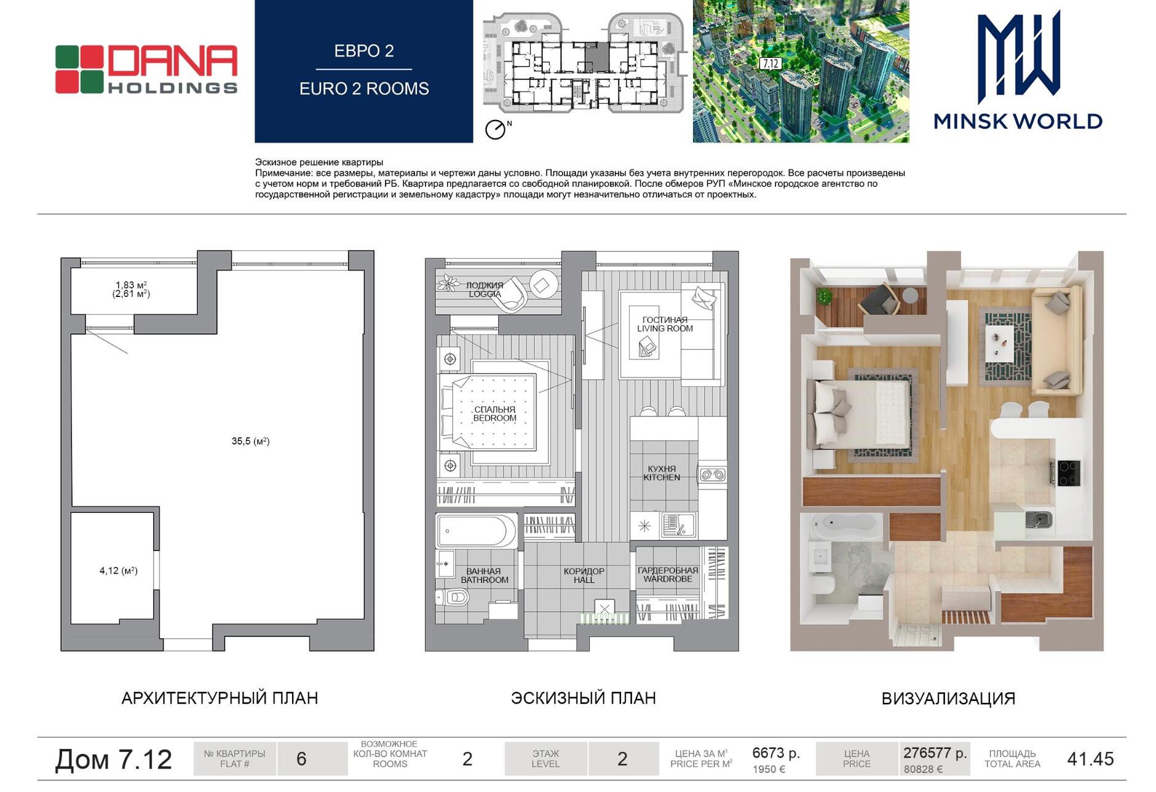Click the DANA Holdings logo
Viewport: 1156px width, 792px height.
click(146, 69)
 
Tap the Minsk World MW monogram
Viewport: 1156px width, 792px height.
click(1018, 57)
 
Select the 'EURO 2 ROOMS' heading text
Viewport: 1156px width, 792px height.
click(364, 89)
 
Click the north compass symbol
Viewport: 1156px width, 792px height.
click(495, 130)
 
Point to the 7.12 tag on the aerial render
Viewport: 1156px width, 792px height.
click(770, 63)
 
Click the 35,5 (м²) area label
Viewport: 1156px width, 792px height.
click(250, 441)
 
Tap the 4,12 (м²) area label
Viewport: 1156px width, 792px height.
click(119, 571)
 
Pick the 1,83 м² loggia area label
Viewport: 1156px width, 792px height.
click(131, 285)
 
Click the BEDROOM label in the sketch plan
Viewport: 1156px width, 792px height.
click(495, 418)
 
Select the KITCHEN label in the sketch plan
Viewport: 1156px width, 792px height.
click(662, 477)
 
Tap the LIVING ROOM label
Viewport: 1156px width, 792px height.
click(665, 328)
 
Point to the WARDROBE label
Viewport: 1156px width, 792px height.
click(668, 579)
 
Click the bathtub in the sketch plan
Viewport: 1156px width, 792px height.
click(476, 531)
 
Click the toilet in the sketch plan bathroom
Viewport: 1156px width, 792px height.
click(453, 596)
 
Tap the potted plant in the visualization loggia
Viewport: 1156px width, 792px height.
click(823, 297)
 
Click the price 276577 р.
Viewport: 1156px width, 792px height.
click(935, 753)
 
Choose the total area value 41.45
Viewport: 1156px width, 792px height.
click(1090, 759)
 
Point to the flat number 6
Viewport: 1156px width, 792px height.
click(301, 759)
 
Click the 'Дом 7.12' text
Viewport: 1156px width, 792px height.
click(114, 759)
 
